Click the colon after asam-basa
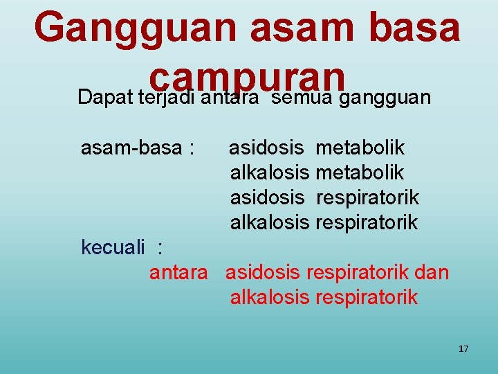coord(190,148)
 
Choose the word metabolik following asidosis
coord(360,148)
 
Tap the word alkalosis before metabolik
coord(269,172)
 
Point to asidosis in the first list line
coord(266,148)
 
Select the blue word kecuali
coord(113,247)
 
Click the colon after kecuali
coord(160,248)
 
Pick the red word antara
coord(178,273)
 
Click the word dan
coord(434,273)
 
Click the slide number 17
coord(463,349)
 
